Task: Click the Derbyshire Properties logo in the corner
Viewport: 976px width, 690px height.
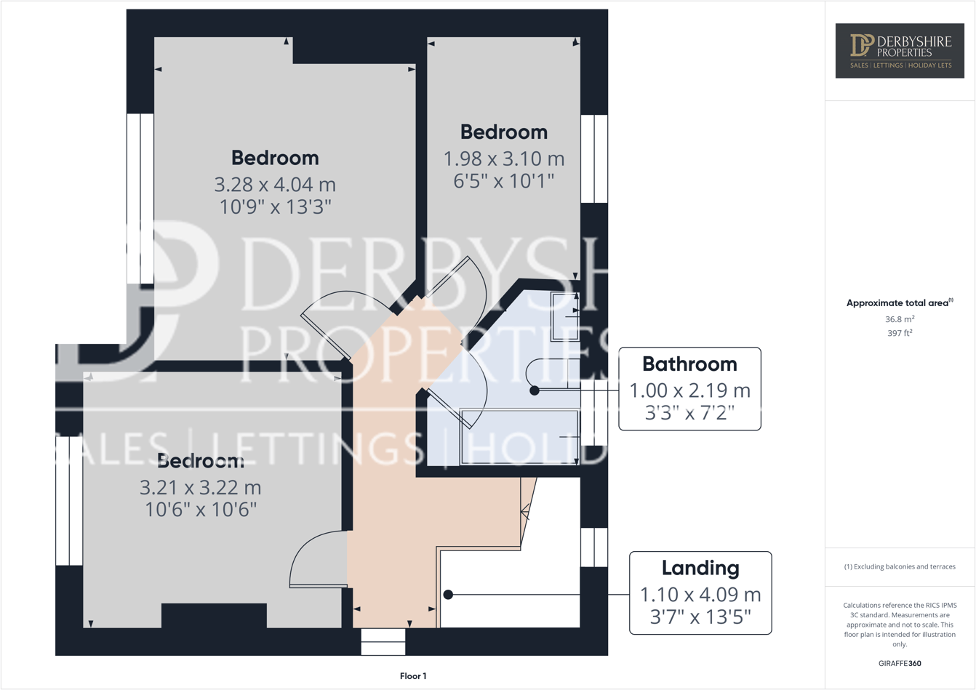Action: tap(900, 50)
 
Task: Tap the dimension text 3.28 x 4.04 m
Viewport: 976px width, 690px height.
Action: tap(275, 184)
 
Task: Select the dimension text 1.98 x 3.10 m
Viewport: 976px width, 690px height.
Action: tap(504, 159)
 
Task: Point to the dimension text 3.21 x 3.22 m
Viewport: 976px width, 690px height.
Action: tap(201, 487)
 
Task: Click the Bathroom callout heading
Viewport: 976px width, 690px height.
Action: tap(689, 364)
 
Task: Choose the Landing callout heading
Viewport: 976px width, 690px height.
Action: tap(700, 569)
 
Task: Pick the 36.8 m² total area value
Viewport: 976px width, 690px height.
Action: tap(900, 319)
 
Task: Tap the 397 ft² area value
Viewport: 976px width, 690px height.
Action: tap(900, 333)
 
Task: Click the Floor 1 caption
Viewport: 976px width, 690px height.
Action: tap(413, 676)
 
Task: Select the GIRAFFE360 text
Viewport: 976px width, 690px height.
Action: tap(900, 663)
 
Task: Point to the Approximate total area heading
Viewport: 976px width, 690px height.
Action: tap(900, 303)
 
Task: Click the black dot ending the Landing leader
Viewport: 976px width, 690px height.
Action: tap(448, 595)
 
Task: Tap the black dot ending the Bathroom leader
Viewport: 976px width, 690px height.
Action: tap(535, 390)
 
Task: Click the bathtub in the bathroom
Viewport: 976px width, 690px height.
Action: tap(519, 437)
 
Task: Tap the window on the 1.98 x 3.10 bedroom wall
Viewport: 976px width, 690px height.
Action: tap(594, 159)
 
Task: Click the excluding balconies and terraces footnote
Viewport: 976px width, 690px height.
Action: tap(900, 566)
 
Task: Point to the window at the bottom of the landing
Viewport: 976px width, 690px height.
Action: tap(383, 641)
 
